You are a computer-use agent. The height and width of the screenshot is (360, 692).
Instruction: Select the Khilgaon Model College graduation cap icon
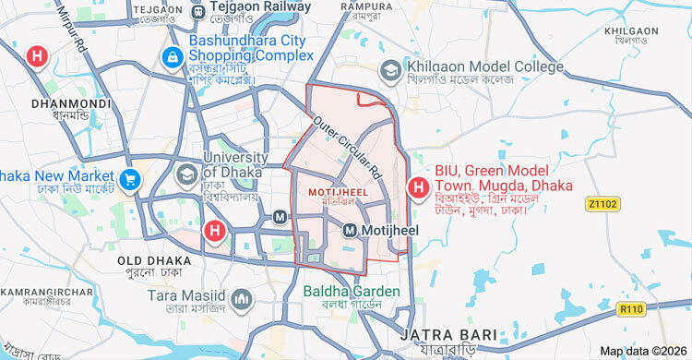point(391,69)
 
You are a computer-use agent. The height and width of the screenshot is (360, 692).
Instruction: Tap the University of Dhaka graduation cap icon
point(187,174)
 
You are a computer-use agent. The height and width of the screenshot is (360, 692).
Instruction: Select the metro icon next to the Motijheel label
point(351,230)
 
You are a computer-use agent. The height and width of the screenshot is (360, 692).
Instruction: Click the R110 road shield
point(631,308)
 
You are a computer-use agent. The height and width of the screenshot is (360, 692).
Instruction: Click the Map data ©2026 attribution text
point(642,351)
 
